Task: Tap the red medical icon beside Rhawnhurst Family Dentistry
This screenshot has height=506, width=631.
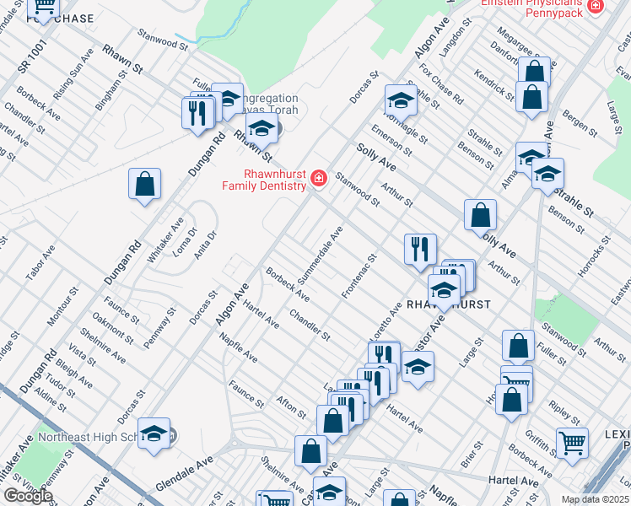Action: [x=319, y=179]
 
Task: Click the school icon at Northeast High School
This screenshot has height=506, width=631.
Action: [x=154, y=433]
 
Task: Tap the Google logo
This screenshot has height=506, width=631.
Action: [x=28, y=496]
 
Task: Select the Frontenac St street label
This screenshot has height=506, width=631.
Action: [x=359, y=275]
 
